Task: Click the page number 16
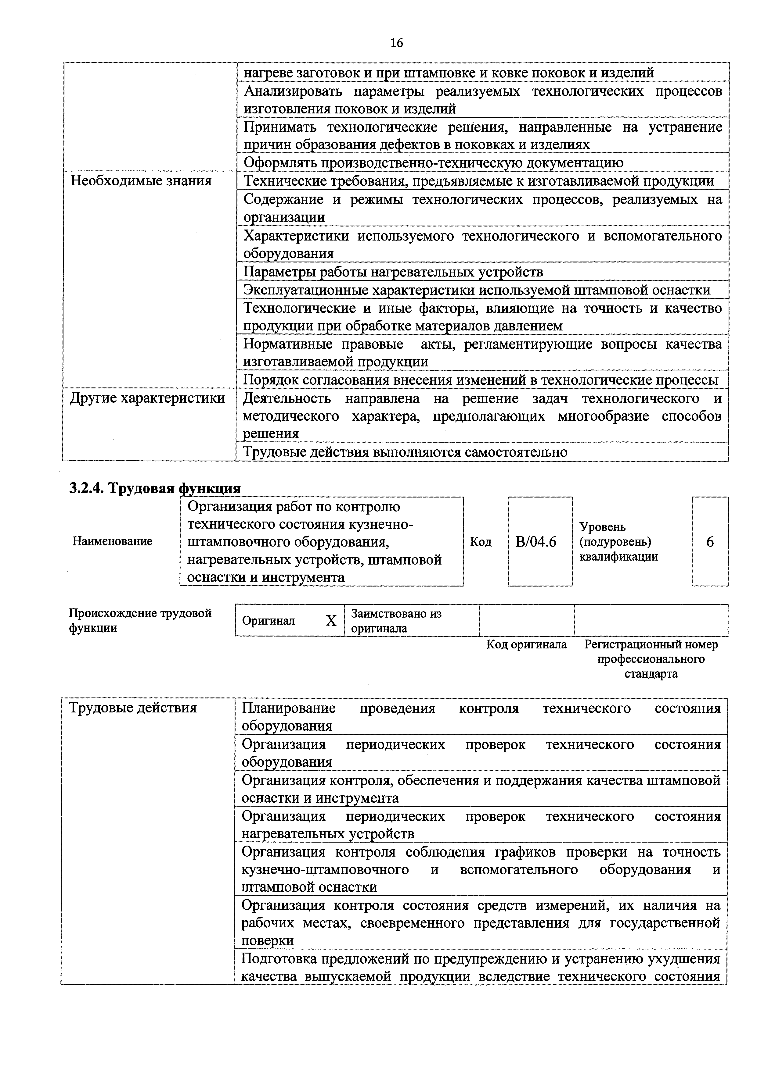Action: (396, 43)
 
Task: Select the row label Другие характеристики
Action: (147, 398)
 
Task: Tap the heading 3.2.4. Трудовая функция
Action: (155, 488)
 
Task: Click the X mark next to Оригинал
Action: (331, 621)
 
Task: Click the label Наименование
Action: (112, 541)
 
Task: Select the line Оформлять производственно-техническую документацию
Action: (433, 163)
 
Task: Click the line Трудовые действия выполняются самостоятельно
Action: (405, 452)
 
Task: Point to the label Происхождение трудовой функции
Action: (140, 620)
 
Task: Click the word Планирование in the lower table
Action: (288, 708)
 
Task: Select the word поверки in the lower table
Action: (267, 940)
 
